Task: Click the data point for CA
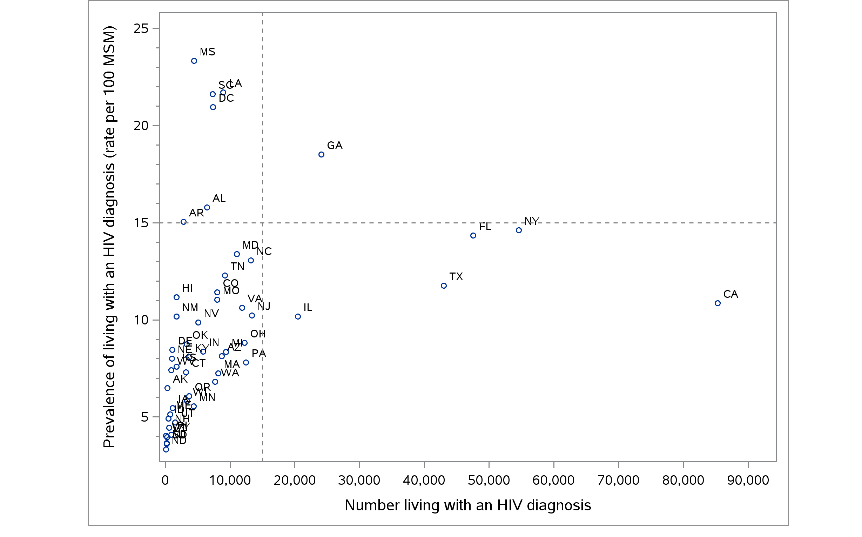tap(718, 303)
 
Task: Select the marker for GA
tap(321, 154)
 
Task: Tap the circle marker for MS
tap(194, 61)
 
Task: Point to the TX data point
tap(444, 286)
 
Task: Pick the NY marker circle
tap(519, 230)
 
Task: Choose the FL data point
tap(473, 235)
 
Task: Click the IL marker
tap(298, 317)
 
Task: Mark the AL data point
tap(207, 208)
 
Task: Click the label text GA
tap(335, 146)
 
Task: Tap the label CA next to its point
tap(730, 294)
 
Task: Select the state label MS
tap(207, 52)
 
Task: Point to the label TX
tap(456, 277)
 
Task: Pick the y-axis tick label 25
tap(141, 28)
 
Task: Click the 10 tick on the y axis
tap(141, 320)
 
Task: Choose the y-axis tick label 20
tap(141, 126)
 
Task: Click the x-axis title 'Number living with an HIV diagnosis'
tap(467, 505)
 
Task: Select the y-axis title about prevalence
tap(109, 237)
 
